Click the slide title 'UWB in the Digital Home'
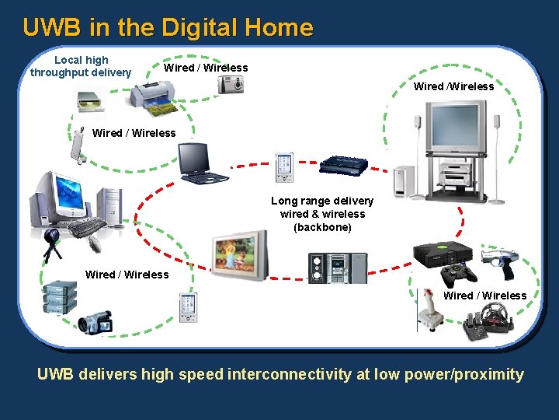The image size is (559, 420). point(168,28)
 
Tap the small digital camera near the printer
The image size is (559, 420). point(231,83)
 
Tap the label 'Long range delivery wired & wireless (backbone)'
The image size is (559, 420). point(322,214)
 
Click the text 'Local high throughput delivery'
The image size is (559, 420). point(81,66)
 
